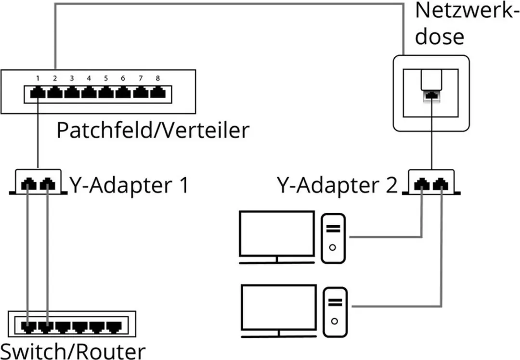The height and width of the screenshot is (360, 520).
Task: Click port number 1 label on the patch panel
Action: (38, 78)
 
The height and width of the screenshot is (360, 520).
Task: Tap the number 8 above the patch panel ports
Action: (158, 78)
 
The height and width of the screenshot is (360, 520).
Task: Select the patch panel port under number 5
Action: (106, 93)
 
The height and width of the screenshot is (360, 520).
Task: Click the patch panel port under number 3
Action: (72, 93)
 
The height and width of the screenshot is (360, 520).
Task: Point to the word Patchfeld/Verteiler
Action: (153, 130)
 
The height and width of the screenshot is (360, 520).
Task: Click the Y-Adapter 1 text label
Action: (129, 185)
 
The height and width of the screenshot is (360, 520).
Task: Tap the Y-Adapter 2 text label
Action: (337, 185)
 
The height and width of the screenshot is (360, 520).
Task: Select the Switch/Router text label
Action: (73, 351)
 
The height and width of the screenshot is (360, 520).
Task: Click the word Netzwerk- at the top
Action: (467, 11)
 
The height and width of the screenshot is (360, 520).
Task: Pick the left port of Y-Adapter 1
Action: (29, 184)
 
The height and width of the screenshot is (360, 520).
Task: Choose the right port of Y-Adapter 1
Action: (47, 184)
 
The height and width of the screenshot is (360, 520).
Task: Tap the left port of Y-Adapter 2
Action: (421, 184)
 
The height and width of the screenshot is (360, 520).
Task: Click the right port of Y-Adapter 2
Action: (441, 184)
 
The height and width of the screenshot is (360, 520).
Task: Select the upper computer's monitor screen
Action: (277, 234)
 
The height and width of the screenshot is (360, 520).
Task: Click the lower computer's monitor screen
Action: (279, 308)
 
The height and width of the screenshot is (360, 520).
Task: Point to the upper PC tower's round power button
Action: (333, 247)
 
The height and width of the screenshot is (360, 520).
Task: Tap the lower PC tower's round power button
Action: (335, 321)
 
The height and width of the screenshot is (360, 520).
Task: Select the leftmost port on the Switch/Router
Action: (28, 327)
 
